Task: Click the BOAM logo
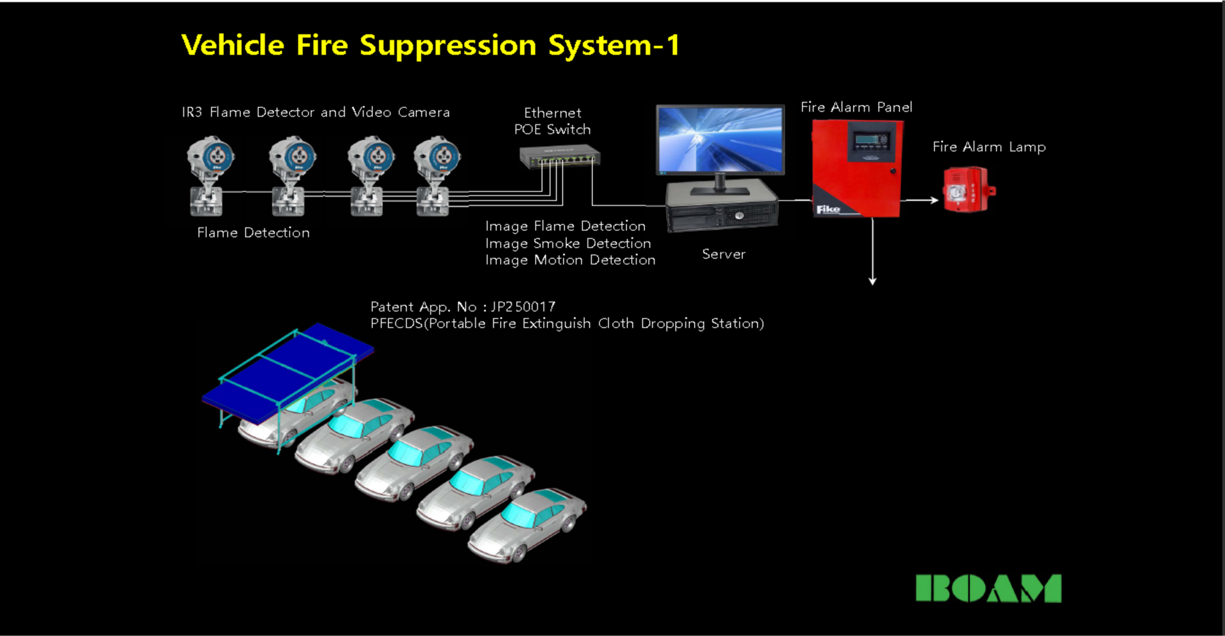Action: (x=988, y=588)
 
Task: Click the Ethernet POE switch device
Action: (x=559, y=156)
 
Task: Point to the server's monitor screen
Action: (x=720, y=139)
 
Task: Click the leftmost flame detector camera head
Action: (x=211, y=156)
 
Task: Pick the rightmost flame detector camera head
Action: (x=438, y=156)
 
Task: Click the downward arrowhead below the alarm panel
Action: (x=872, y=280)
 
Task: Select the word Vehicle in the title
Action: (x=233, y=45)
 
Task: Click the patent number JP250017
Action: (x=523, y=306)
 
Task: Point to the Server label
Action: (x=723, y=254)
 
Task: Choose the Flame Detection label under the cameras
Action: (x=253, y=233)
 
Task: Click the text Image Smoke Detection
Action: (x=568, y=243)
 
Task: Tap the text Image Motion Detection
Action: (x=570, y=260)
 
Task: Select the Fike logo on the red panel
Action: (x=828, y=209)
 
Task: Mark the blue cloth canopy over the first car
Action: (x=289, y=369)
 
